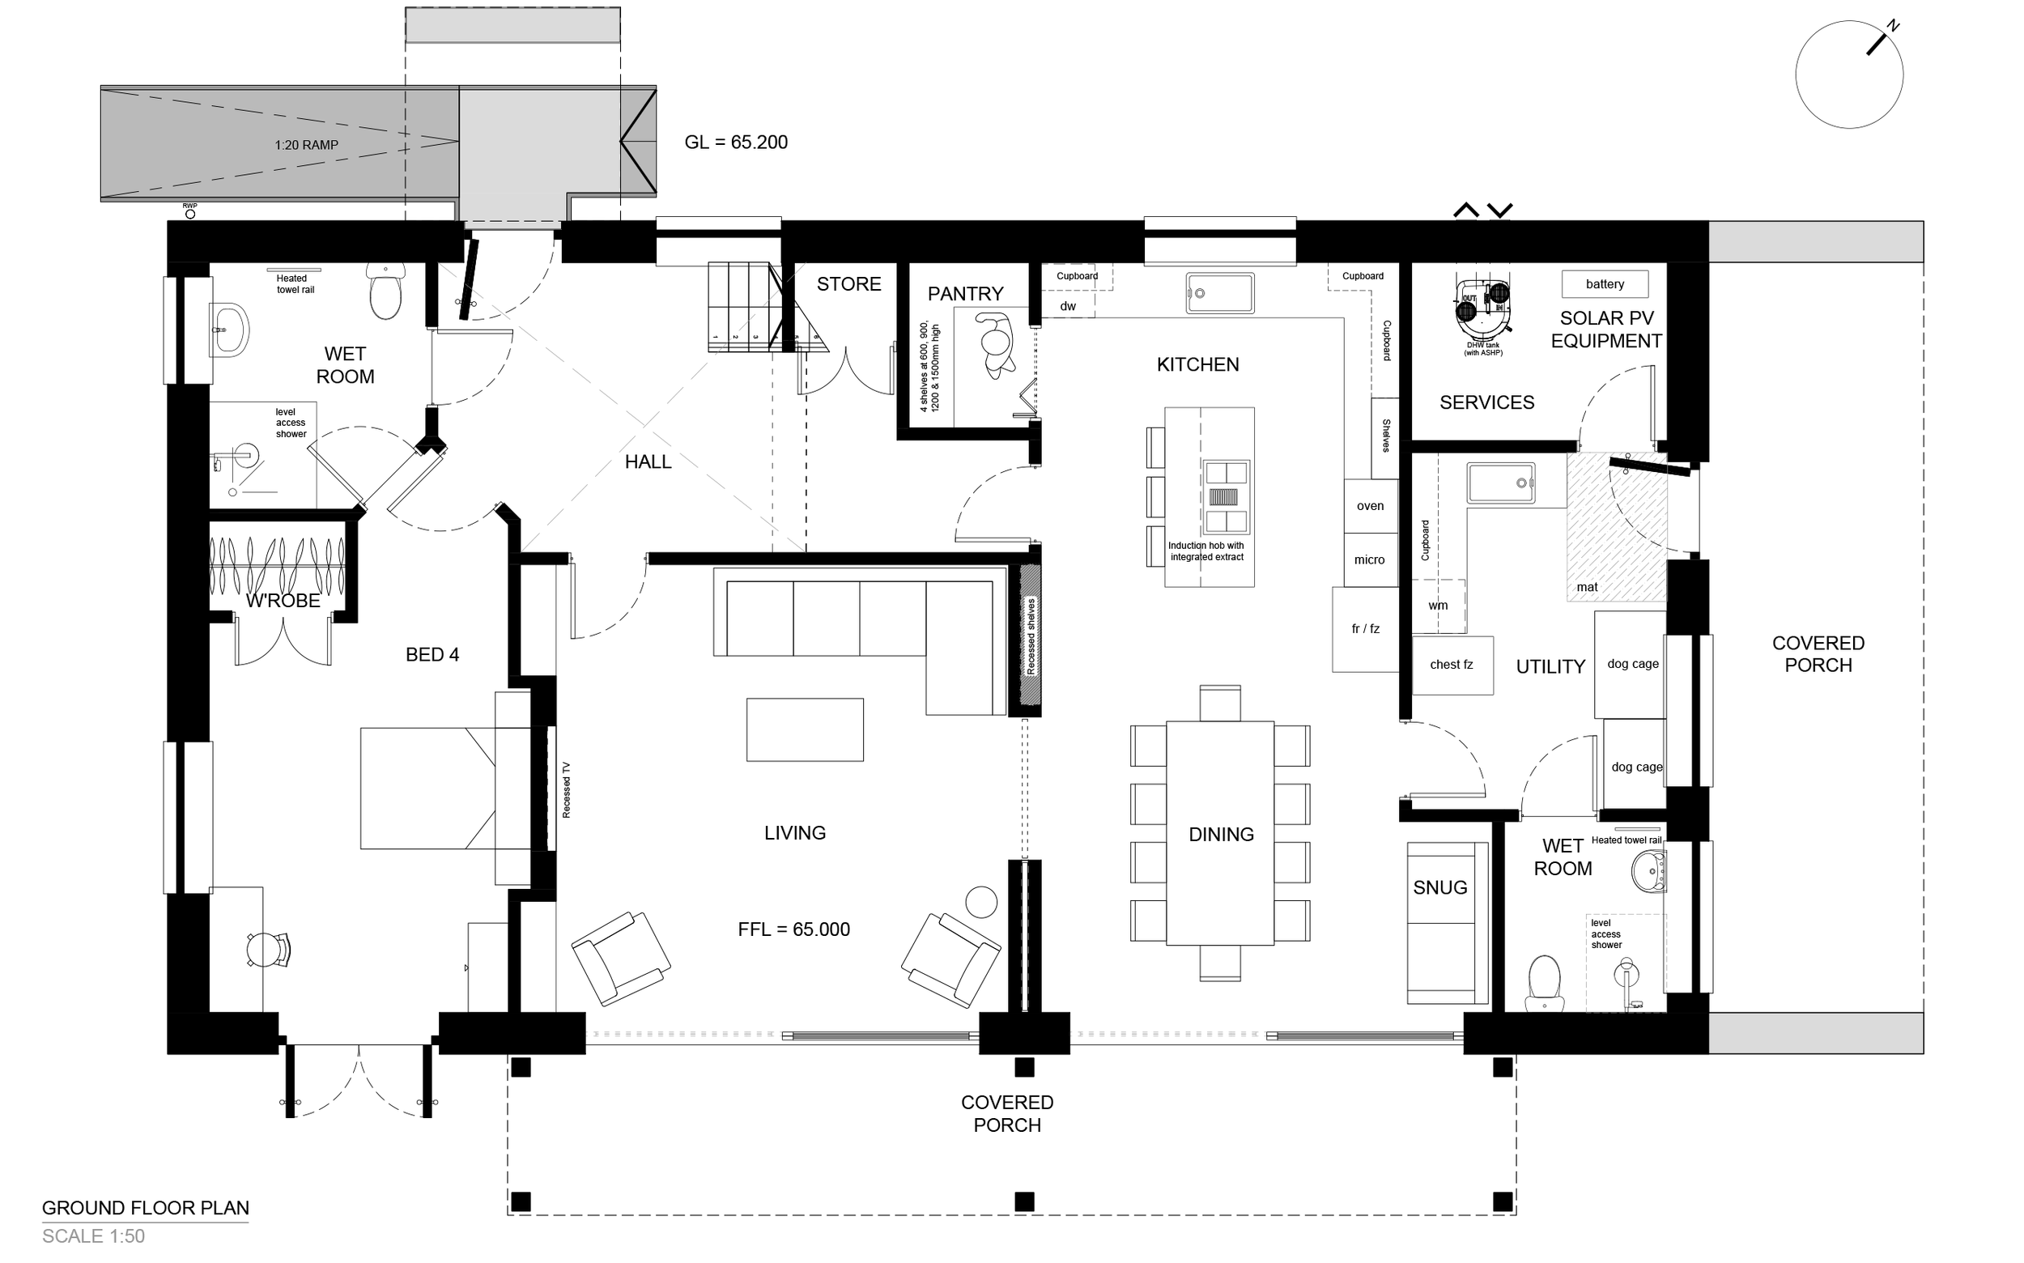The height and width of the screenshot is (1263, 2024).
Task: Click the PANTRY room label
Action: pos(965,294)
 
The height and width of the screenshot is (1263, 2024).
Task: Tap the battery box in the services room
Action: pos(1604,284)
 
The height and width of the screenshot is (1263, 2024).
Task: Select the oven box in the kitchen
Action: pos(1370,506)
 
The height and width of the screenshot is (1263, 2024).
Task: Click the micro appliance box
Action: pos(1369,559)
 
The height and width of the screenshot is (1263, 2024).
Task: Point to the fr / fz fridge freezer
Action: pos(1365,629)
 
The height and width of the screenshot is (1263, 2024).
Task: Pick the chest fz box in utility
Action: pos(1451,665)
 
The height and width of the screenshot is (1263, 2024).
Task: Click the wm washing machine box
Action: pos(1438,606)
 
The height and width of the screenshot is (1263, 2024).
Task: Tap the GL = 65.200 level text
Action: pos(735,142)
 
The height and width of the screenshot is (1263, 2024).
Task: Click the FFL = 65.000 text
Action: pos(793,929)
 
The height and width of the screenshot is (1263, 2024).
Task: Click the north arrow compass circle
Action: pos(1848,74)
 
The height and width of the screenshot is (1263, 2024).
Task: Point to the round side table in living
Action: pos(980,902)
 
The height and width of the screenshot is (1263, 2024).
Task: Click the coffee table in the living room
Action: pos(805,730)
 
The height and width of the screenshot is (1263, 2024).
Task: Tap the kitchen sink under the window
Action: pos(1219,293)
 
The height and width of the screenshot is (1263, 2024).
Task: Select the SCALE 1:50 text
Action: pos(94,1236)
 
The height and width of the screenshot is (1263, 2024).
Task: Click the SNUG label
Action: pos(1439,888)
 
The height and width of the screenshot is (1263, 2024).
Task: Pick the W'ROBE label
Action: pos(283,601)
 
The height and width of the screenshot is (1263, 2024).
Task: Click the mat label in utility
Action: pos(1587,587)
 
